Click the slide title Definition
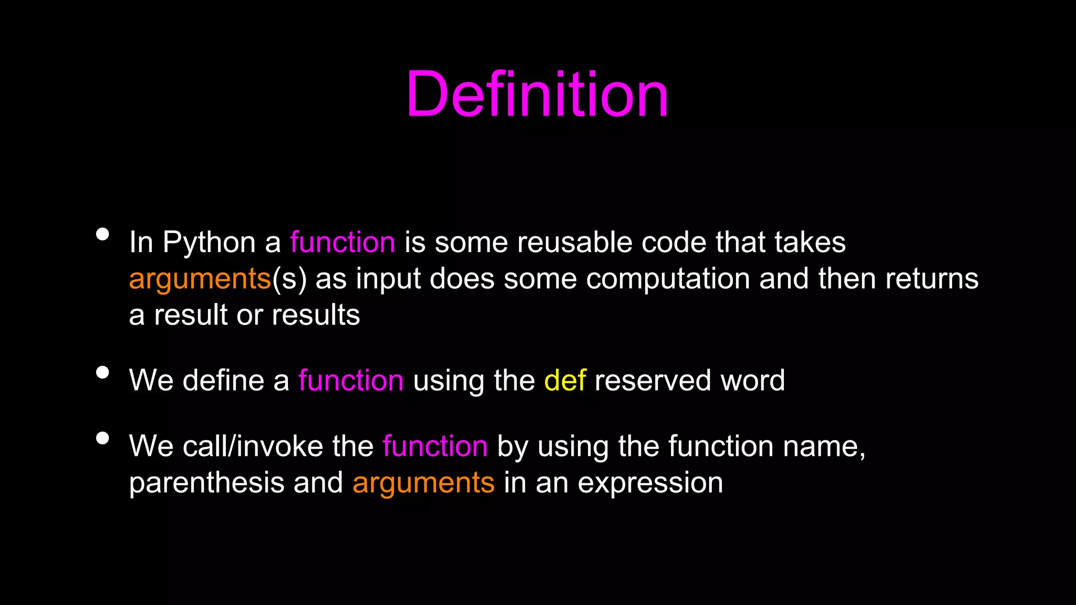537,95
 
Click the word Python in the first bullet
209,243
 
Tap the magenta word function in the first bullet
343,243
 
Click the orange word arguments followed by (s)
200,279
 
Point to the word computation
668,278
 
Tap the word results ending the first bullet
316,315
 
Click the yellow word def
565,380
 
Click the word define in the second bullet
223,380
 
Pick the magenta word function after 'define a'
351,380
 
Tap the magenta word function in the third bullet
435,446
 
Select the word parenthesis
206,483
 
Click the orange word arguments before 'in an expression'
423,483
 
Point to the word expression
650,483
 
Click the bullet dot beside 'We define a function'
103,372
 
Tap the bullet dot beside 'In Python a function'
103,234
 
